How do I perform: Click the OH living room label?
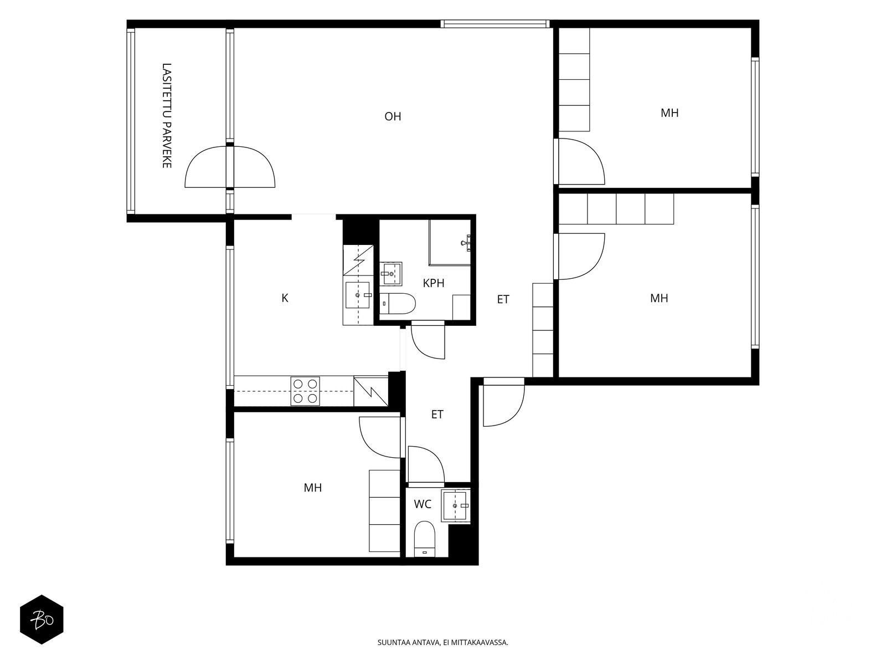pos(393,117)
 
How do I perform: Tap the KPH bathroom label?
pos(434,283)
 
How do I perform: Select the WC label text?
pos(423,504)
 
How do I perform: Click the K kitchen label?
pos(285,298)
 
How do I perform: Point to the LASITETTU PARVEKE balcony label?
pos(167,115)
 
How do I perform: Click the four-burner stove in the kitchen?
pos(305,391)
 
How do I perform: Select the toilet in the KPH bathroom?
pos(398,304)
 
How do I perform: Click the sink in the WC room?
pos(455,506)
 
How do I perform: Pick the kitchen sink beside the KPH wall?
pos(358,295)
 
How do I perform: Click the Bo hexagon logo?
pos(42,620)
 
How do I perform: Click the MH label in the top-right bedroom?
pos(669,113)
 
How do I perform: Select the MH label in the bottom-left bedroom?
pos(313,488)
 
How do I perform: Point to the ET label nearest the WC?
pos(437,415)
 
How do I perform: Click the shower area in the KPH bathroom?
pos(450,242)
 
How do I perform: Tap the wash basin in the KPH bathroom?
pos(391,274)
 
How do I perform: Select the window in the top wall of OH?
pos(495,24)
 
